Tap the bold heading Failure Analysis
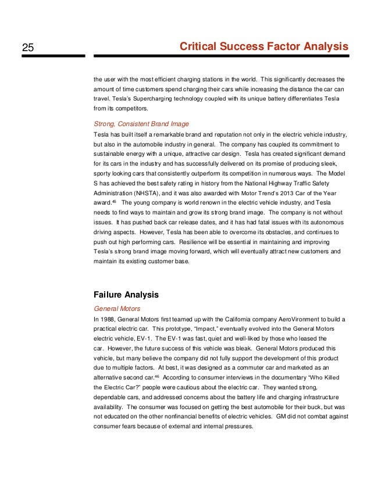(126, 294)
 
